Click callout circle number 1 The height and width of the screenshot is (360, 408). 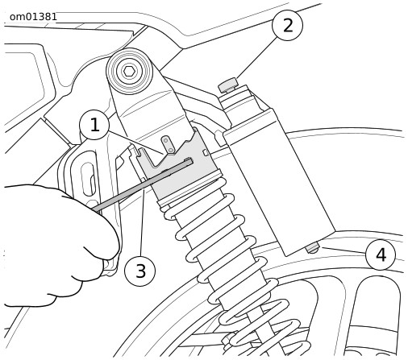[x=94, y=125]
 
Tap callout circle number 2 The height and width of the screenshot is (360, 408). [x=287, y=26]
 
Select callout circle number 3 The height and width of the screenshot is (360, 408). [x=140, y=271]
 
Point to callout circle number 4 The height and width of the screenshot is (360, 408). [x=381, y=254]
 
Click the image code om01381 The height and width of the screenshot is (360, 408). [x=33, y=17]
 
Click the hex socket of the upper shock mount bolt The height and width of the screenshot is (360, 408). [x=129, y=71]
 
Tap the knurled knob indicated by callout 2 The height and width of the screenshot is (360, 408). [x=228, y=85]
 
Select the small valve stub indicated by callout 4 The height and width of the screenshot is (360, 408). [x=313, y=248]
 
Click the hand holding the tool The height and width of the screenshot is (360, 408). [x=54, y=242]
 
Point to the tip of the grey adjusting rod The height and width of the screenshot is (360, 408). [x=191, y=160]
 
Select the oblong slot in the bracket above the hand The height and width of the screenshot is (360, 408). [x=88, y=179]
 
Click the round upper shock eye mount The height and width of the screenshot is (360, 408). [x=129, y=72]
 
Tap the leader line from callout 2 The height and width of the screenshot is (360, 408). [x=256, y=58]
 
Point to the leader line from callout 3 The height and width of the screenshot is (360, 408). [x=142, y=221]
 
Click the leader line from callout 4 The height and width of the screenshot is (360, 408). [x=344, y=250]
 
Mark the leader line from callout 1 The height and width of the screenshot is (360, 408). [x=135, y=143]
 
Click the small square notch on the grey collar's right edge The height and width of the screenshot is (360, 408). [x=206, y=152]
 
